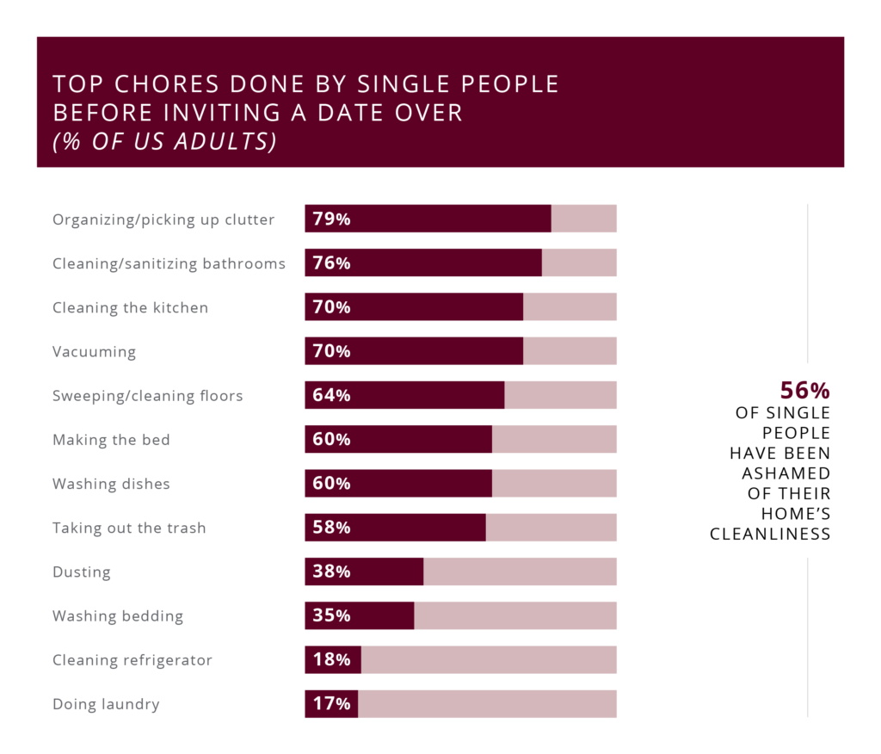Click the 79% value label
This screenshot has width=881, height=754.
pos(331,219)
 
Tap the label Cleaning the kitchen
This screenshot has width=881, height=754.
pos(130,307)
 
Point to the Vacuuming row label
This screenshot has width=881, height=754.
pos(94,351)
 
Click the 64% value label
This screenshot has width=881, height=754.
pos(331,396)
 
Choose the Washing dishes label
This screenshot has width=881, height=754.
pos(111,484)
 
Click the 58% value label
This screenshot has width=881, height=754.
pos(331,528)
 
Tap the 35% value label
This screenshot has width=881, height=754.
pos(331,615)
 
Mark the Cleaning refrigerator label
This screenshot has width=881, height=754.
pos(132,660)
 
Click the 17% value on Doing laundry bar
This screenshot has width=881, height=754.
pos(331,704)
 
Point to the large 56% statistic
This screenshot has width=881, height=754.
pos(804,391)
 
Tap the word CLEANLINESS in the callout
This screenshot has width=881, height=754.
pos(770,535)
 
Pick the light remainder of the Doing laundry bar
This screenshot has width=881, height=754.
pos(487,704)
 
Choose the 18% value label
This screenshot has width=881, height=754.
pos(331,660)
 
